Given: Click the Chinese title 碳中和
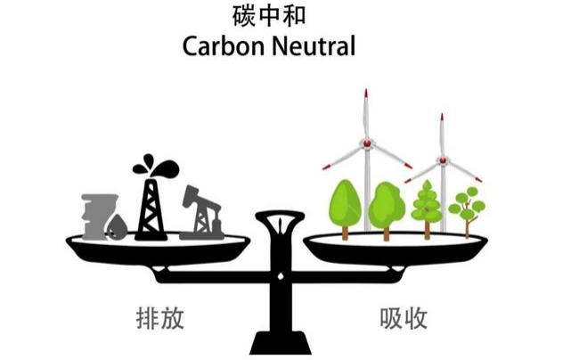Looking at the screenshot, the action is tap(269, 16).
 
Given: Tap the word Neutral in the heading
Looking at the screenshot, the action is tap(314, 46).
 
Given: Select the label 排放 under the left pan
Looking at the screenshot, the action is tap(160, 318).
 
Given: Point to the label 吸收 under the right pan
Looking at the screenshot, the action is tap(404, 318).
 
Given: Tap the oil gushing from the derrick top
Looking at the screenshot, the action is tap(156, 167).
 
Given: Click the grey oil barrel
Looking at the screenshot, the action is tap(96, 217).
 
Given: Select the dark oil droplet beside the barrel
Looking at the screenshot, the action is tap(117, 227).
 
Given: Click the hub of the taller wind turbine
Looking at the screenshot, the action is tap(367, 143).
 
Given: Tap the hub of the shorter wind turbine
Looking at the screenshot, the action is tap(443, 160).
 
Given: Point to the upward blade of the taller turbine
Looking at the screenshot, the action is tap(366, 114).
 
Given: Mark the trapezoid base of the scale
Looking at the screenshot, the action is tap(281, 342).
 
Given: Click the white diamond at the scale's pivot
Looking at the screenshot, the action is tap(281, 276).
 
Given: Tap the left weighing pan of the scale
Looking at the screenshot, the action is tap(158, 248).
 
